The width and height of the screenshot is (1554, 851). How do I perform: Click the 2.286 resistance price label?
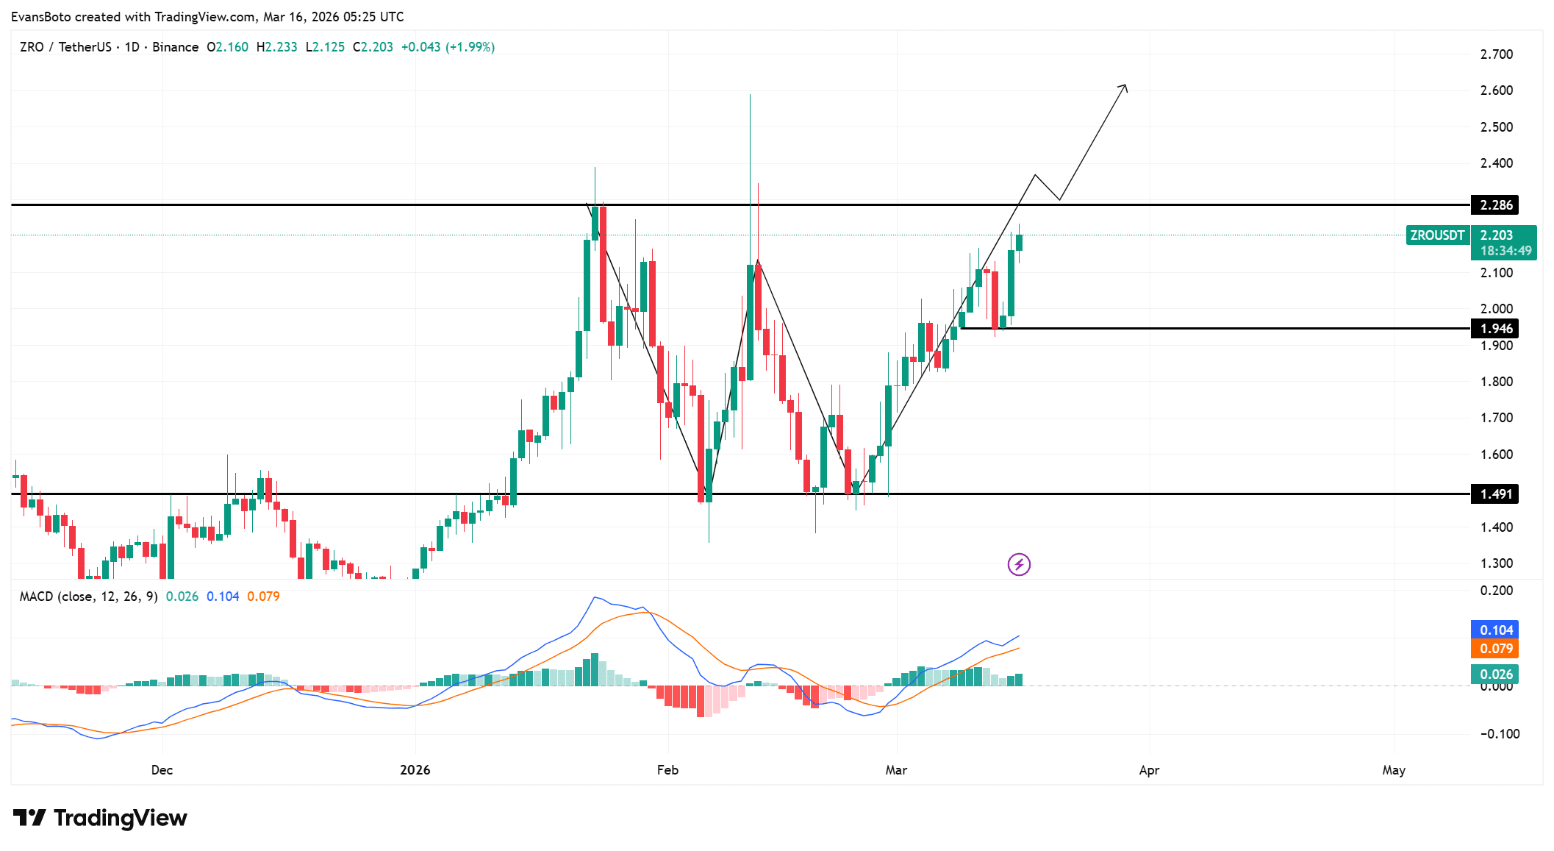[1495, 205]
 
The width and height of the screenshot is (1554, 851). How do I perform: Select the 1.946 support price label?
[1495, 329]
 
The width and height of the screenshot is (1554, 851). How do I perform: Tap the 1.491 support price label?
[1495, 494]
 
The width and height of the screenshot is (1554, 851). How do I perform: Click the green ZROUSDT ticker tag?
[1437, 235]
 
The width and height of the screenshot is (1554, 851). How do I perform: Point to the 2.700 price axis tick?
[1496, 54]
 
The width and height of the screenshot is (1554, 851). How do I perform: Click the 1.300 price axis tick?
[1496, 563]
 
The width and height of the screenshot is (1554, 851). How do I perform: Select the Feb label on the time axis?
[667, 770]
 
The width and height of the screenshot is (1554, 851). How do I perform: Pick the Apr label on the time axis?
[1149, 770]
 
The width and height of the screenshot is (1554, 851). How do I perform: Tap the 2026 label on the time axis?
[415, 770]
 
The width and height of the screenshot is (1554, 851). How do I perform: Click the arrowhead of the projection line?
[1125, 88]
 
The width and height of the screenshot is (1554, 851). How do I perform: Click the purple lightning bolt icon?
[1019, 565]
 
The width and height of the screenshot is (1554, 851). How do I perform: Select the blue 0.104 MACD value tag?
[1495, 630]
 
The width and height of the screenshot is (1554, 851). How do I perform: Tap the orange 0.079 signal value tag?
[1495, 649]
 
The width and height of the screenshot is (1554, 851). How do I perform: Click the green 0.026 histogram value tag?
[1495, 674]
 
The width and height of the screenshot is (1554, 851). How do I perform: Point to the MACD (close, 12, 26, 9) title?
[88, 597]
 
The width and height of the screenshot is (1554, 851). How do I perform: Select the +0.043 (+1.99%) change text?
[448, 47]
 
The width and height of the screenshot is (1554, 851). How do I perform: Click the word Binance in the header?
[175, 47]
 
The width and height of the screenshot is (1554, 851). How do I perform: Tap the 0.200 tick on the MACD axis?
[1496, 591]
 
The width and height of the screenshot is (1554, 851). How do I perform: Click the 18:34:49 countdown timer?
[1505, 251]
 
